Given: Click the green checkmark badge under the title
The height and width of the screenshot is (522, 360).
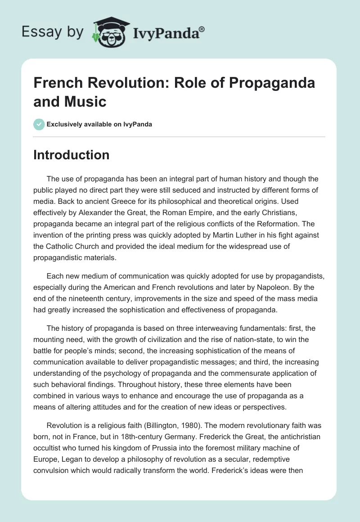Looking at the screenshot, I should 39,124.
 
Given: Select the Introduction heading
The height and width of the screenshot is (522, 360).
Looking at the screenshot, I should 72,155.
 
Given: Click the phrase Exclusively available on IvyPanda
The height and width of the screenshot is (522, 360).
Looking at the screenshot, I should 99,124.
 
